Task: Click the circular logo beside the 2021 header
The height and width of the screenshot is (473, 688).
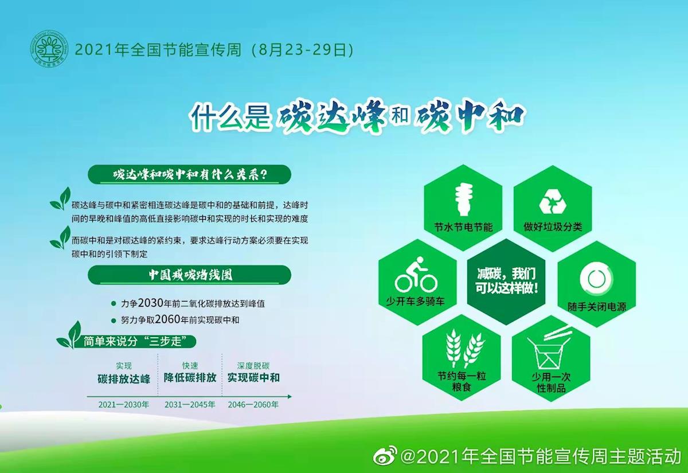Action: click(x=49, y=49)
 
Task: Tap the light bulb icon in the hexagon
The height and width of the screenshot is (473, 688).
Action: click(x=464, y=199)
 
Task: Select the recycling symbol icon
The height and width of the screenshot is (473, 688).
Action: click(x=553, y=201)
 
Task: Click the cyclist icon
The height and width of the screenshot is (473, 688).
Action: click(x=416, y=275)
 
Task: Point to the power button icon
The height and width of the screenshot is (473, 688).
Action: click(x=596, y=279)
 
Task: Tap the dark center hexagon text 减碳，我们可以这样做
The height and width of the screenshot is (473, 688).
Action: click(x=506, y=281)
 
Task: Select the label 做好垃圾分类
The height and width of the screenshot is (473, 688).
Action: click(x=553, y=227)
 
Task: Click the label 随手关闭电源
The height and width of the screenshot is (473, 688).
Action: click(x=596, y=307)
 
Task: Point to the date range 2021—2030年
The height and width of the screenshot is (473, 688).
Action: click(x=123, y=405)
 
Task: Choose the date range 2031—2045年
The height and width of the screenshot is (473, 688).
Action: click(x=190, y=405)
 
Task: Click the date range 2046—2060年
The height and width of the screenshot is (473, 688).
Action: click(x=253, y=405)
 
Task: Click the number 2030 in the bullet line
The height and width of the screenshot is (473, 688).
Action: click(x=150, y=303)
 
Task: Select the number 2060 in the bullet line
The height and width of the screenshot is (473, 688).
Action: click(x=167, y=319)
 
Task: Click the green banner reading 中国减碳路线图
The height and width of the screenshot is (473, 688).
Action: click(x=190, y=275)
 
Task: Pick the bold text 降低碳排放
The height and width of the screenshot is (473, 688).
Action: click(x=190, y=378)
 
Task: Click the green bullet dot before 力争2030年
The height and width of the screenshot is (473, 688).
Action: click(x=114, y=304)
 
